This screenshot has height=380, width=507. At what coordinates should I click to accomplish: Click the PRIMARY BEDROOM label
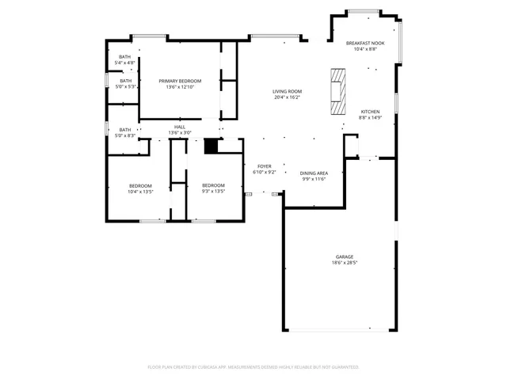point(180,81)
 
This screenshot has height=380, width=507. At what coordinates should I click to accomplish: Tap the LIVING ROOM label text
point(287,92)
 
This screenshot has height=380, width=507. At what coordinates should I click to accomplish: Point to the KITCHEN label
point(370,112)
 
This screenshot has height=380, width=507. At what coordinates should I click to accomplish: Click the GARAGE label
point(344,256)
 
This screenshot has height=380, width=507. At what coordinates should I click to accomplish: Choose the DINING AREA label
point(314,173)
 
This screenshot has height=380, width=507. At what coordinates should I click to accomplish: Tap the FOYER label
point(264,166)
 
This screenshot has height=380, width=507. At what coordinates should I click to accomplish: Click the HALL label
point(180,127)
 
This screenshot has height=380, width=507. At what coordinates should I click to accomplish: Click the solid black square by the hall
point(211,146)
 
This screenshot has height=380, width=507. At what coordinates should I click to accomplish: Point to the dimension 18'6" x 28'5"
point(344,263)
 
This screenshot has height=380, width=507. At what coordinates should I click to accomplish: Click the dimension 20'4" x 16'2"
point(287,97)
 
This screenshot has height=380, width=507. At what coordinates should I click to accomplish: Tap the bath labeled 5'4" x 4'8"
point(125,57)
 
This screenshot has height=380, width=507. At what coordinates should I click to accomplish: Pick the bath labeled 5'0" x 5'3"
point(125,81)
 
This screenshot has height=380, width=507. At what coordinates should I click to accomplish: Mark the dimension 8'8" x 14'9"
point(370,118)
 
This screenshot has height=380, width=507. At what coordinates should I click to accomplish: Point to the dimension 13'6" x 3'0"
point(180,132)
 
